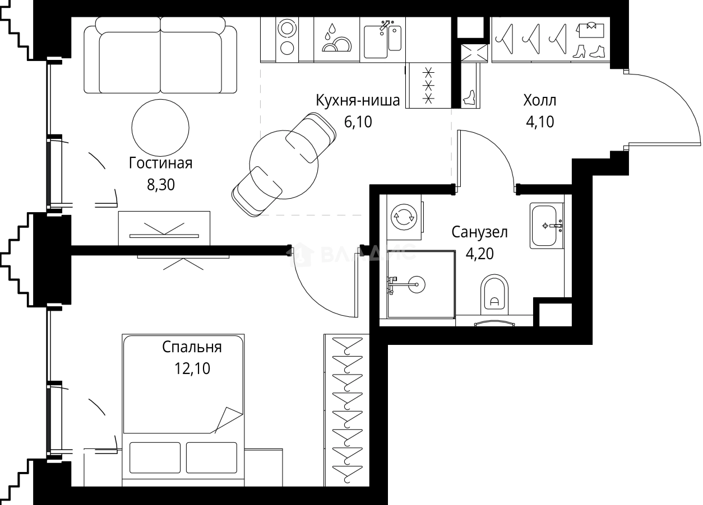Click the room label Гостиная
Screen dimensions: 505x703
pos(160,163)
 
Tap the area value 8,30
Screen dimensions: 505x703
pos(160,185)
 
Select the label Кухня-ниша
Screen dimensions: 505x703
pos(358,101)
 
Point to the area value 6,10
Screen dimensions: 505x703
pos(358,121)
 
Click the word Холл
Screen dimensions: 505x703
pos(539,101)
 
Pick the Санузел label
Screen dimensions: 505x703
pos(479,232)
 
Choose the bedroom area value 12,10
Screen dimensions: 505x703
pos(192,368)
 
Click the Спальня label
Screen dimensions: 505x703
pos(192,347)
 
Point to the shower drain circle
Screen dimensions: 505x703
pos(416,285)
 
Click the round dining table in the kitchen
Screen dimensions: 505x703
pos(284,165)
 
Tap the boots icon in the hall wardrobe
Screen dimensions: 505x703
pos(589,52)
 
